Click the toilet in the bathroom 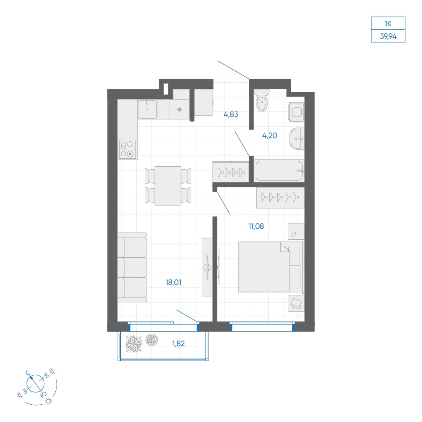262,101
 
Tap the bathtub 279,170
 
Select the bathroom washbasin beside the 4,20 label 297,138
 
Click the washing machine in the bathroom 296,112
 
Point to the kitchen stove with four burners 128,149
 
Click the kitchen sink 147,109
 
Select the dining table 168,186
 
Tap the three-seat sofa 133,268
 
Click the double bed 271,267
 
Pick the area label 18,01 173,282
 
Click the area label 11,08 256,226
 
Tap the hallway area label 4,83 231,114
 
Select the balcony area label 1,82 179,344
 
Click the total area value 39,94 388,36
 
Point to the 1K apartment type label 388,24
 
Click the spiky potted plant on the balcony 134,344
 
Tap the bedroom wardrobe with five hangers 280,197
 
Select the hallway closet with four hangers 231,171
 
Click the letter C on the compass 28,373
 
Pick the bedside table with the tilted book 296,303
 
